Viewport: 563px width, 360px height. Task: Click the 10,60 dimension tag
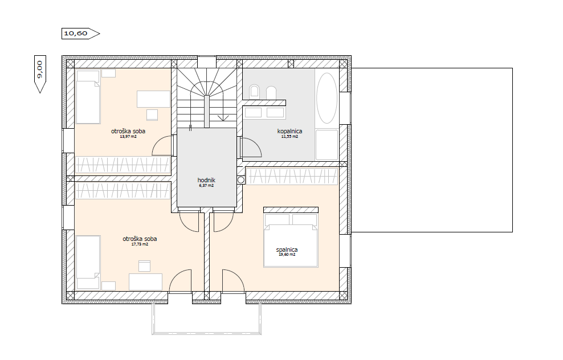[x=80, y=34]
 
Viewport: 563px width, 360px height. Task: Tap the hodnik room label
[x=206, y=180]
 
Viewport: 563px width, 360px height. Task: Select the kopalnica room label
[x=289, y=131]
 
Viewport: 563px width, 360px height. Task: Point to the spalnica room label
[x=287, y=249]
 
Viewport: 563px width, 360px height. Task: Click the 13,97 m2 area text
[x=128, y=136]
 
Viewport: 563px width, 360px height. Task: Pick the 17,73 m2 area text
[x=140, y=244]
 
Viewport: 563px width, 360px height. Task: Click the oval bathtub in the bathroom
[x=327, y=99]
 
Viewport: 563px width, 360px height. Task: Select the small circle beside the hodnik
[x=240, y=180]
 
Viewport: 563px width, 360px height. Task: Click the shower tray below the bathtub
[x=327, y=145]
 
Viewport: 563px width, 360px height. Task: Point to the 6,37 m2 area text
[x=206, y=186]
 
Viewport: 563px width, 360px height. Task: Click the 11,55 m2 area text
[x=289, y=136]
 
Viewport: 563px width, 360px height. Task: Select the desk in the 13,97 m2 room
[x=153, y=99]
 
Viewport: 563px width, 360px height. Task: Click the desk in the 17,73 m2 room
[x=145, y=282]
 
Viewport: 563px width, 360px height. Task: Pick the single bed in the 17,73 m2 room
[x=88, y=262]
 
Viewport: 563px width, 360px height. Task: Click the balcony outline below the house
[x=206, y=333]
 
